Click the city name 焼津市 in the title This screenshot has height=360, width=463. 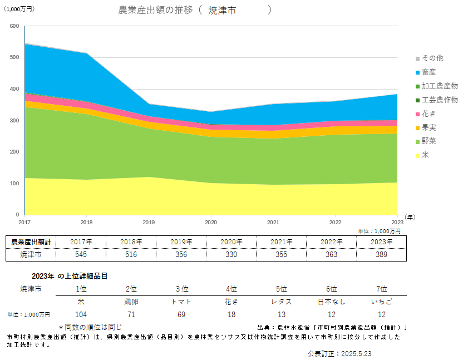(221, 10)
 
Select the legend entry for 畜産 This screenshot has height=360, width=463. (428, 72)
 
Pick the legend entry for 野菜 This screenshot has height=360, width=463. (428, 141)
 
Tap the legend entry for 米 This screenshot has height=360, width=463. (425, 155)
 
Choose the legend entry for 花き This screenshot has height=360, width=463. (428, 114)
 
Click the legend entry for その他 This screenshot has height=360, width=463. (432, 58)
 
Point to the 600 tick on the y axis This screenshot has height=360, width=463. (14, 26)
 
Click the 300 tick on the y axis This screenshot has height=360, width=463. (14, 120)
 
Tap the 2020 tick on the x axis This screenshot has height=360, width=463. (211, 221)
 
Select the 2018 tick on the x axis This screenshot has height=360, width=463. (87, 221)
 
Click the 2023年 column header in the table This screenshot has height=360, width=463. (382, 241)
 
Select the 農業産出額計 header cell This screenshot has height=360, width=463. (31, 241)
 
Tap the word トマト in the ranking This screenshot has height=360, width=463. (181, 302)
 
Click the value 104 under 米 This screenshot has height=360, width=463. (81, 314)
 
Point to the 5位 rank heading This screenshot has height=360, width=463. (282, 289)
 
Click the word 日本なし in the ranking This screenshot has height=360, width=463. (332, 302)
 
